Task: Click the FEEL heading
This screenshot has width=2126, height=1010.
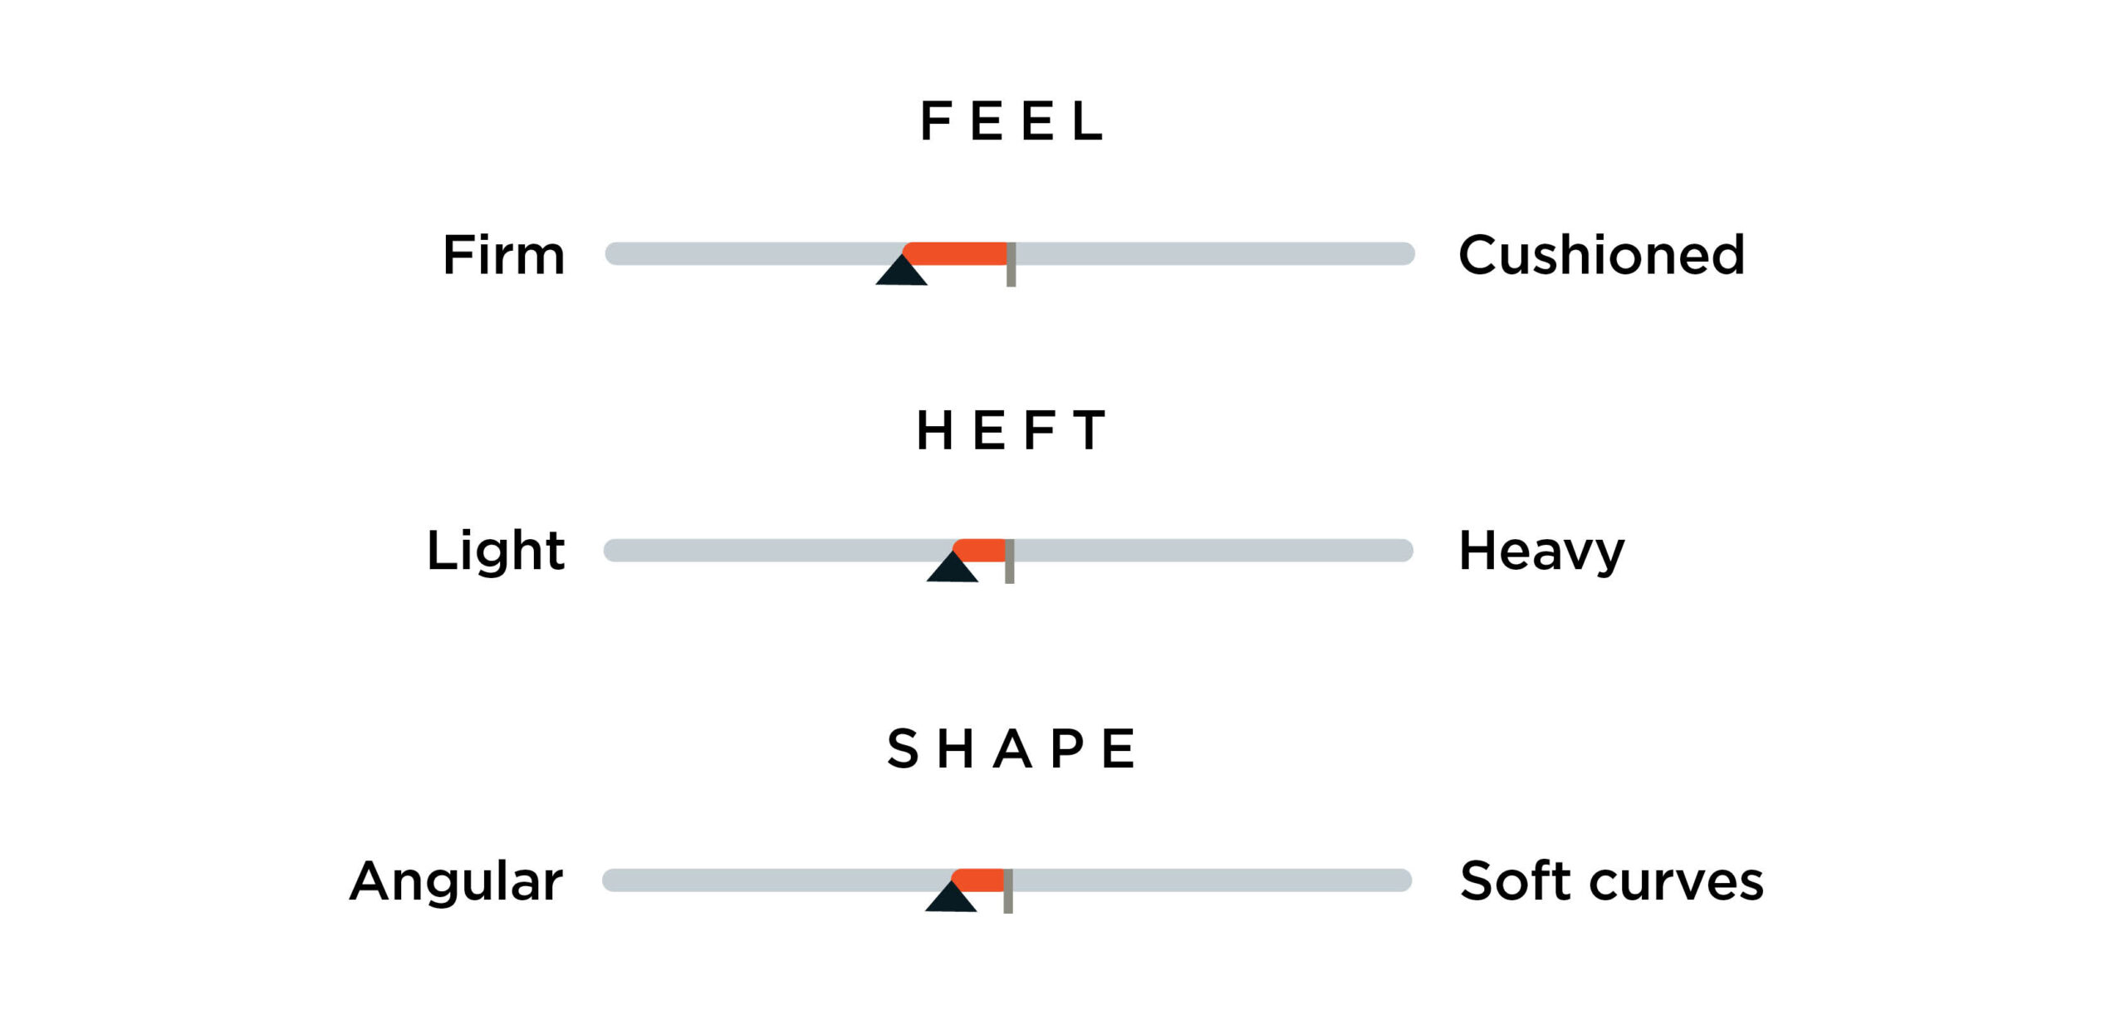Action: pos(1012,121)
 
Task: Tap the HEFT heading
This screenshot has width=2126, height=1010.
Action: pos(1011,430)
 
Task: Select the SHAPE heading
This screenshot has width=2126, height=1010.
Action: pos(1011,748)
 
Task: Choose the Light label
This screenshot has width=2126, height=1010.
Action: pos(496,551)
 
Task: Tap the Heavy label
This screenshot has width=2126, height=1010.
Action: pos(1541,551)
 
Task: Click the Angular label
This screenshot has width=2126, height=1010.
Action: pos(456,880)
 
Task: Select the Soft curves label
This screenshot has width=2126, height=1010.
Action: pos(1612,880)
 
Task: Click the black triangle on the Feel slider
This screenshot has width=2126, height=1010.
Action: pos(901,272)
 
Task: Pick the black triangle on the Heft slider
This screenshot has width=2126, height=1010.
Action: pos(952,568)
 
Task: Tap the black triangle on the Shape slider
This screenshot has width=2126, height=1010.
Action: pos(950,898)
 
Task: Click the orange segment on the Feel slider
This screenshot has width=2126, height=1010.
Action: pos(955,252)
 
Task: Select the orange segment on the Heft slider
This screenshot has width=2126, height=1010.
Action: pos(979,550)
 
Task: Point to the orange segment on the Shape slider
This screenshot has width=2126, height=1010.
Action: pos(977,880)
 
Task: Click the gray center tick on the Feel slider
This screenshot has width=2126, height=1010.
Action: pos(1011,264)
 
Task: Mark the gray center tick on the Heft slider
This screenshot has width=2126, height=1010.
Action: pos(1010,561)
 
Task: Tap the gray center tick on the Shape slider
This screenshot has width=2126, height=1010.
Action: pos(1008,890)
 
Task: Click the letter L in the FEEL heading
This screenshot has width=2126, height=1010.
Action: pos(1088,121)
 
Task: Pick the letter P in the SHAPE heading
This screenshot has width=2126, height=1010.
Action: pos(1067,748)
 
